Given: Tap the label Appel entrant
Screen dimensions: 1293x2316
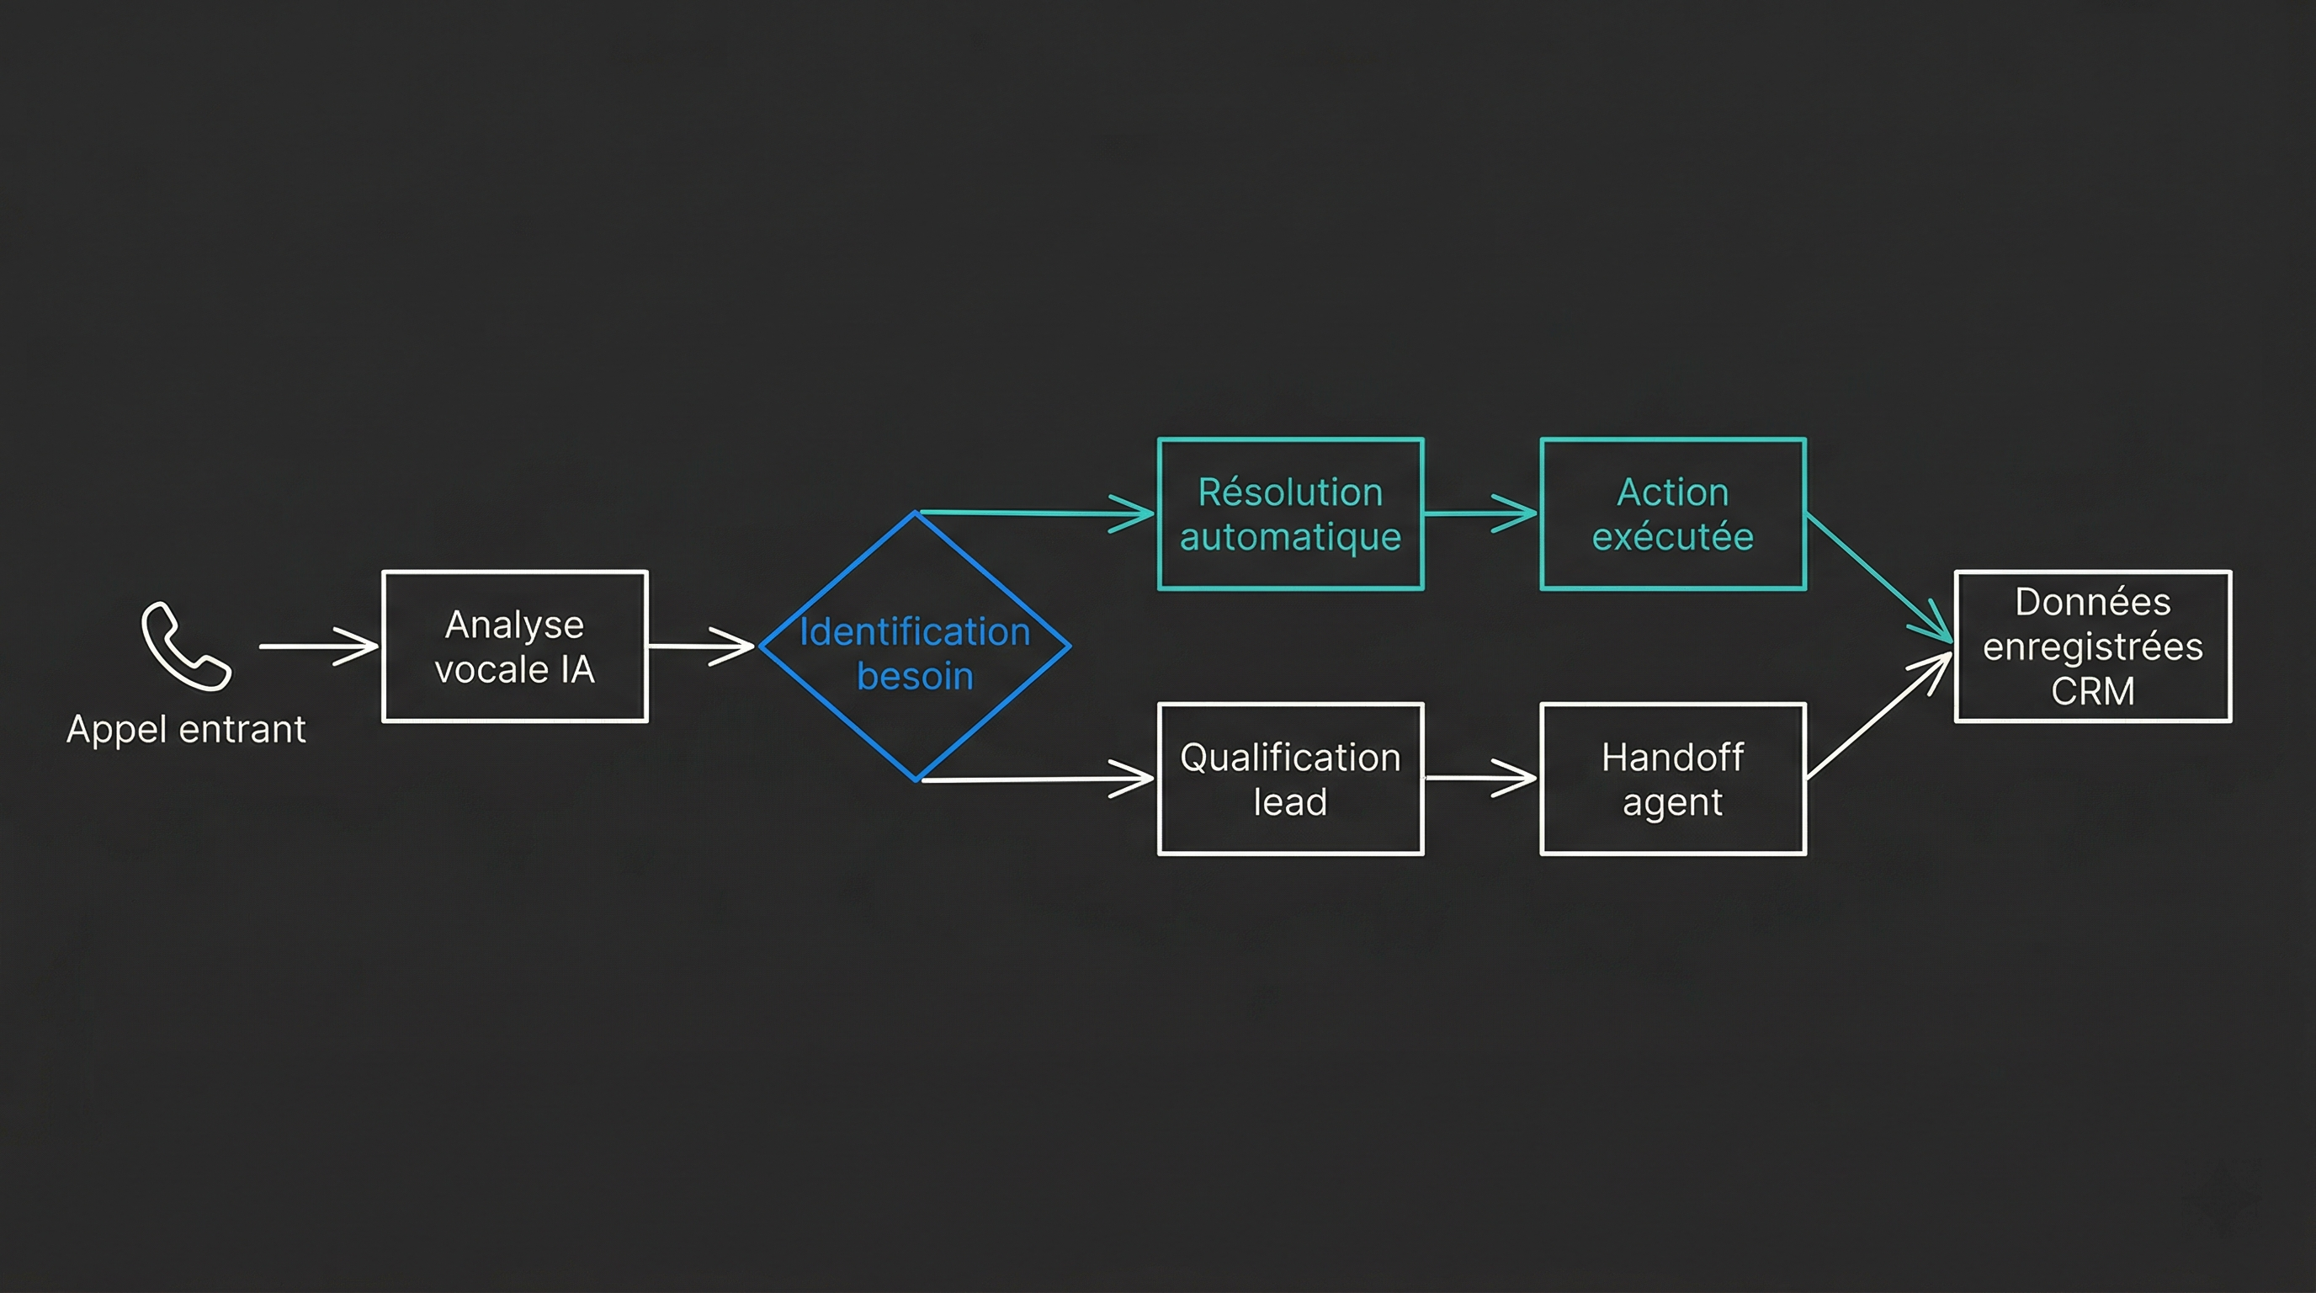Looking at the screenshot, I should [x=186, y=729].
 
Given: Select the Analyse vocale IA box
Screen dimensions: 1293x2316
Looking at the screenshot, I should [x=514, y=646].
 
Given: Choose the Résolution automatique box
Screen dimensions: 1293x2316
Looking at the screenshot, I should [x=1290, y=514].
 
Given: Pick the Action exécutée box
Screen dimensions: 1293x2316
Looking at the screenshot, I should [x=1672, y=514].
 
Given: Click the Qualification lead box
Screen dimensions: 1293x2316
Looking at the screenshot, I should [x=1290, y=779].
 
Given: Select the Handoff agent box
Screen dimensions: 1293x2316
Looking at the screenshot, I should [x=1672, y=779].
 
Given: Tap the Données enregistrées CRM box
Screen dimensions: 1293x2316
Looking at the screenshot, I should [x=2092, y=646].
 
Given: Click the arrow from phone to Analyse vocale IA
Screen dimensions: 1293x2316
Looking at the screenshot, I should [x=319, y=646].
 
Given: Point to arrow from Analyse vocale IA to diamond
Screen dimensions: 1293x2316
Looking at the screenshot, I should [x=701, y=646].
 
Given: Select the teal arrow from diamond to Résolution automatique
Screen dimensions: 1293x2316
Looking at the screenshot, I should [x=1034, y=513].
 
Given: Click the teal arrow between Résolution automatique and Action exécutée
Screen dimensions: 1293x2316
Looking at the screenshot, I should [x=1481, y=513].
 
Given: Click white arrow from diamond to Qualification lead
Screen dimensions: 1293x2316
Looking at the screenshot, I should [x=1034, y=779].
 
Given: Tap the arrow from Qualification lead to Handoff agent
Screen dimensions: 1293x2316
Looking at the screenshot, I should [x=1481, y=778].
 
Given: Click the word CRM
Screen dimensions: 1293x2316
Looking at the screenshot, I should [x=2092, y=691].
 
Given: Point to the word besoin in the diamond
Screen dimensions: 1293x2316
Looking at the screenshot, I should [x=914, y=677].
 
